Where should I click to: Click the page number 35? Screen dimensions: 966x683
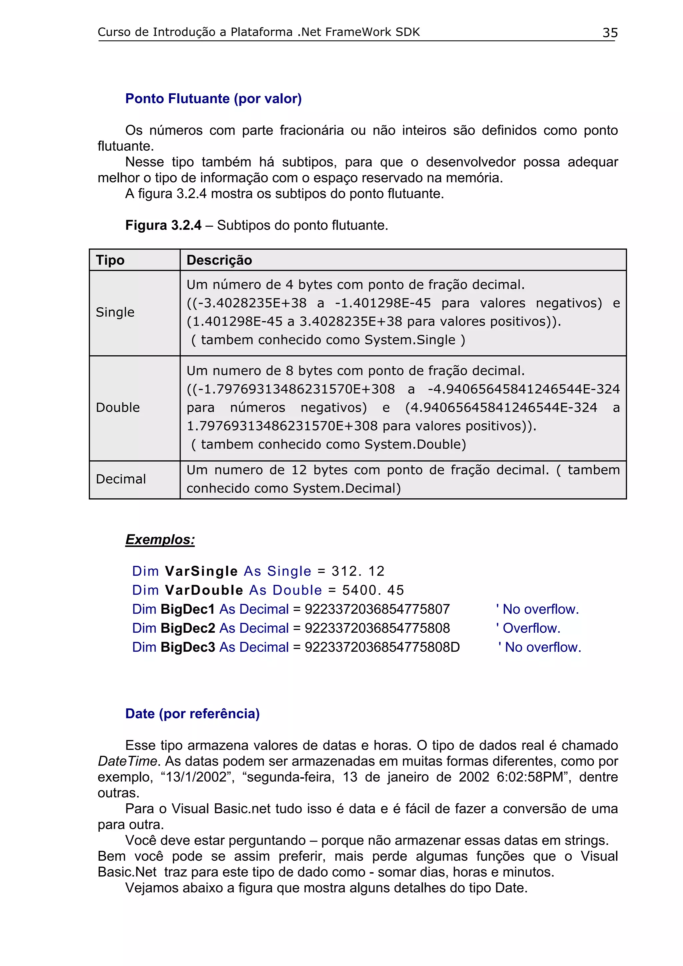pos(610,33)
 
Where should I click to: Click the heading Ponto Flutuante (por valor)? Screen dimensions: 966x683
pos(213,98)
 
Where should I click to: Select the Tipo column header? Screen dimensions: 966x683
pos(110,260)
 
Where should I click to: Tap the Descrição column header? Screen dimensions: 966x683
pos(219,260)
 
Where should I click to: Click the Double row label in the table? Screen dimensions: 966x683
pos(118,407)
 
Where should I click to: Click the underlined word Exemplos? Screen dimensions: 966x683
pos(160,539)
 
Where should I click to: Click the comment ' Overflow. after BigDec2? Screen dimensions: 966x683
pos(528,628)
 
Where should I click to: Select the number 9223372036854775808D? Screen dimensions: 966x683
pos(382,647)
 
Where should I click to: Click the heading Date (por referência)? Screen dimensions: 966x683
pos(192,714)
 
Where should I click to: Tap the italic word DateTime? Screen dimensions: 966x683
pos(127,761)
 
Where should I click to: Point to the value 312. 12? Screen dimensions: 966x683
pos(358,571)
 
